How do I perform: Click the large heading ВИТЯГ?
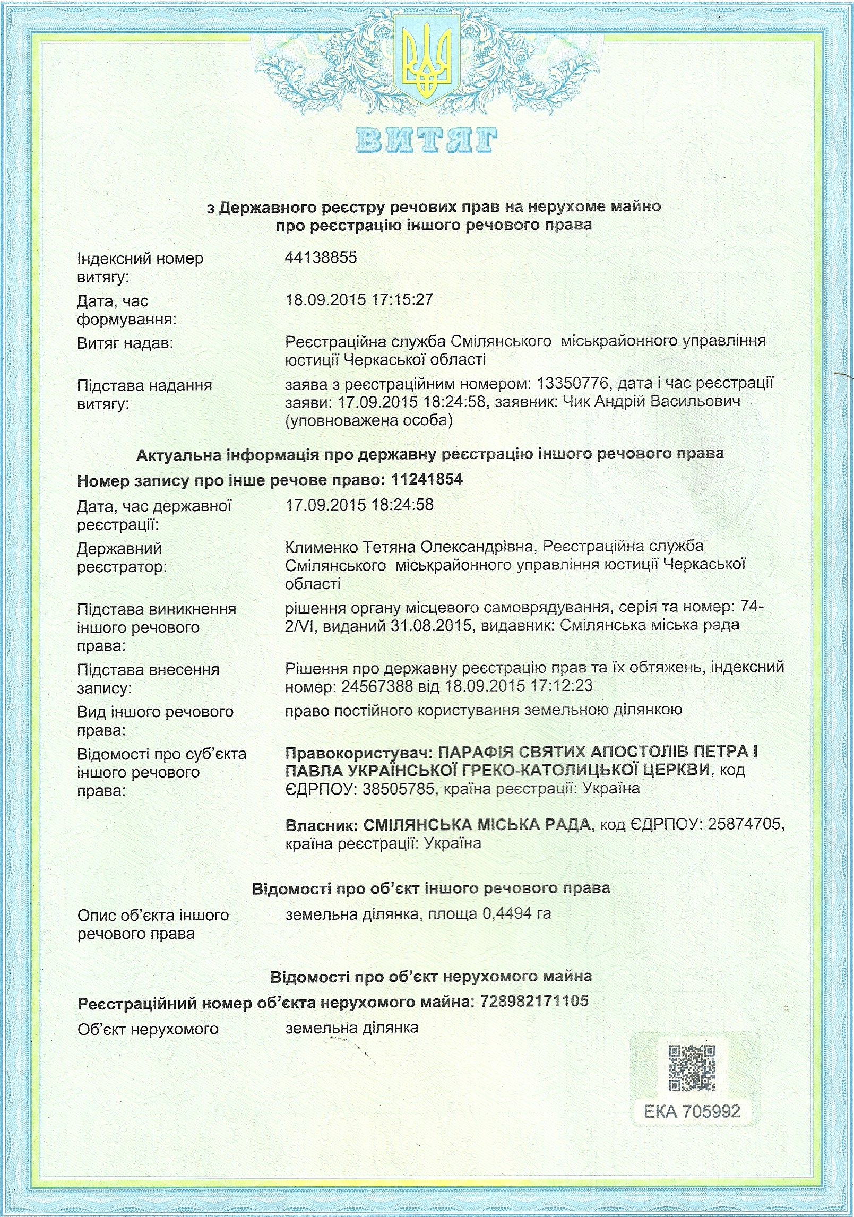point(427,141)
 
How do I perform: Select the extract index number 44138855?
point(321,258)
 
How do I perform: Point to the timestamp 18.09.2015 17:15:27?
point(359,300)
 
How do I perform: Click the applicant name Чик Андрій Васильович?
point(651,402)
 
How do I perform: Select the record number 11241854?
point(427,480)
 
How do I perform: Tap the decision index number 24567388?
point(377,686)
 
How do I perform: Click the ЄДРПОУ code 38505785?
point(399,789)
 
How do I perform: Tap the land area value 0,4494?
point(506,914)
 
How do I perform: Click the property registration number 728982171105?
point(534,1002)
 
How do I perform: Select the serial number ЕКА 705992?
point(692,1111)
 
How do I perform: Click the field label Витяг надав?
point(125,343)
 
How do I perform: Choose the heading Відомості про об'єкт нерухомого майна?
point(431,977)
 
